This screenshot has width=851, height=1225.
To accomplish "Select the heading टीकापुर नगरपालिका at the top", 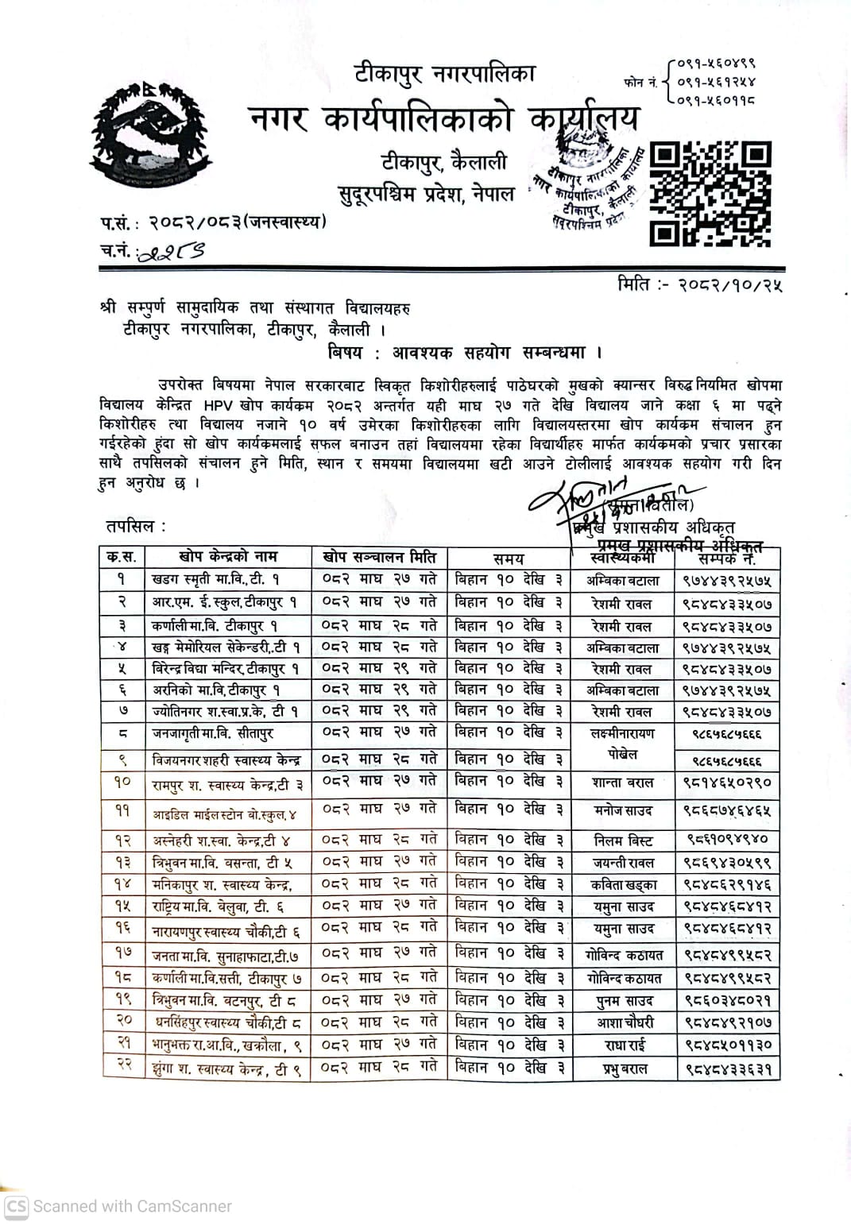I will pyautogui.click(x=445, y=74).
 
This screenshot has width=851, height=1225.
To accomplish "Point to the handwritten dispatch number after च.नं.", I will pyautogui.click(x=171, y=252).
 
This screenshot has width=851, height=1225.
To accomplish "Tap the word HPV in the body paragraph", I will pyautogui.click(x=234, y=405).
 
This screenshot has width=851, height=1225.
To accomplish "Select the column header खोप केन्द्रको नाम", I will pyautogui.click(x=228, y=557).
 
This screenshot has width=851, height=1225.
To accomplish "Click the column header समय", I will pyautogui.click(x=509, y=558).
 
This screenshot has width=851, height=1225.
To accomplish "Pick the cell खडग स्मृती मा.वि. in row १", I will pyautogui.click(x=215, y=580).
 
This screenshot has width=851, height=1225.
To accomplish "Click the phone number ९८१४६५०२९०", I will pyautogui.click(x=727, y=783).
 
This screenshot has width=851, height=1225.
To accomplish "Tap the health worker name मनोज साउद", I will pyautogui.click(x=623, y=811).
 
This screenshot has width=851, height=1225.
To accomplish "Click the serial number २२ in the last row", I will pyautogui.click(x=123, y=1065).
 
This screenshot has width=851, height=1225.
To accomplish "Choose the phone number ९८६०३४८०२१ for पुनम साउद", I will pyautogui.click(x=727, y=1001).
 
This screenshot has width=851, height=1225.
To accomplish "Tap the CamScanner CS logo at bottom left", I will pyautogui.click(x=17, y=1206).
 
